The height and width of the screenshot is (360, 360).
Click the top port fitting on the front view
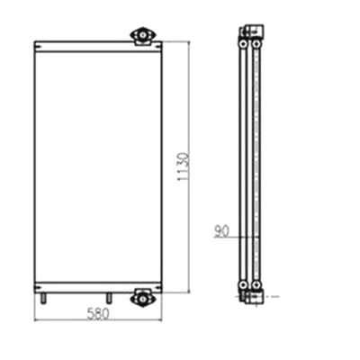[x=142, y=36]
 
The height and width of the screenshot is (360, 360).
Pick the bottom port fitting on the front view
[x=142, y=296]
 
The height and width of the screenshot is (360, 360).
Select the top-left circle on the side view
[x=245, y=42]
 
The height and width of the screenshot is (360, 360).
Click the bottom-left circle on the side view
[x=245, y=286]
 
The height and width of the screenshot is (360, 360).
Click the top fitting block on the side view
[x=250, y=33]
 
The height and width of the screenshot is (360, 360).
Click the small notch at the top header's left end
[x=37, y=42]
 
